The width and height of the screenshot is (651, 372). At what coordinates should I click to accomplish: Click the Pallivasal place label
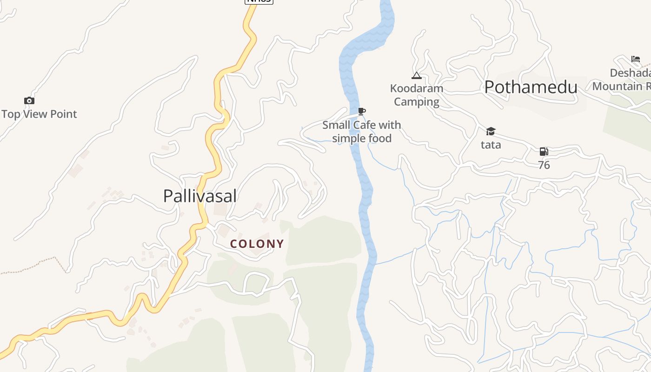click(200, 196)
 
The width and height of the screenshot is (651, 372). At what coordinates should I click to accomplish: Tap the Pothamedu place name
click(531, 87)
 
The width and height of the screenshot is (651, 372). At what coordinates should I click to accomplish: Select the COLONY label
click(257, 244)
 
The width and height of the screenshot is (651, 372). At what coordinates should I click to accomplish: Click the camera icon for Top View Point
click(29, 100)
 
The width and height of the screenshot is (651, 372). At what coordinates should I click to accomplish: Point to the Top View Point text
click(39, 114)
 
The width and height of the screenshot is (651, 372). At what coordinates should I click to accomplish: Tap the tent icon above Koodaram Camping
click(416, 76)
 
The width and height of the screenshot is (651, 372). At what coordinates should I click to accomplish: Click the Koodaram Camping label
click(417, 95)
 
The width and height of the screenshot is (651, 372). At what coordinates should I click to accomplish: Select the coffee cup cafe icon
click(362, 111)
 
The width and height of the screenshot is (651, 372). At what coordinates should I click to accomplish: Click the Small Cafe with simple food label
click(361, 132)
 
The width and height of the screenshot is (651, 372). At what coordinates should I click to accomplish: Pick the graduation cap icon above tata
click(491, 132)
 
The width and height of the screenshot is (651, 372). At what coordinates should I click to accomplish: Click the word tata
click(491, 145)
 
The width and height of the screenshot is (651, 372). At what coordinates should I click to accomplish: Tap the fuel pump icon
click(544, 152)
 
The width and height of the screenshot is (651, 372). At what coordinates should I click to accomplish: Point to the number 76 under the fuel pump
click(544, 165)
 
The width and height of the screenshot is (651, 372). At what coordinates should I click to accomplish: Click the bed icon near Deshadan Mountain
click(636, 59)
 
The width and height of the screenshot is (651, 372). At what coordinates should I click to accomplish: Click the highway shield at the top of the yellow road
click(259, 1)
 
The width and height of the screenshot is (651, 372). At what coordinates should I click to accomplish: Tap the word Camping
click(417, 102)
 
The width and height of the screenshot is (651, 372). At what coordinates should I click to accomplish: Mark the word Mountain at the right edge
click(618, 86)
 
